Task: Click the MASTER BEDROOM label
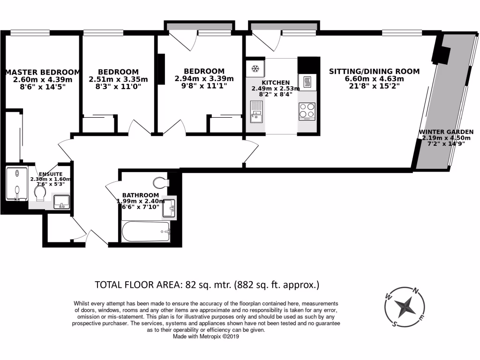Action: click(43, 72)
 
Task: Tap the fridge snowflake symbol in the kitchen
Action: click(255, 69)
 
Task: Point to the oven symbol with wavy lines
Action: click(307, 82)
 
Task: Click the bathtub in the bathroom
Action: click(145, 232)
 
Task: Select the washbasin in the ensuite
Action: click(61, 202)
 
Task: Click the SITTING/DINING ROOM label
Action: click(374, 72)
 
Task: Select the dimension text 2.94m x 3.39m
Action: click(197, 79)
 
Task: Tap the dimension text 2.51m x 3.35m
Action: click(118, 79)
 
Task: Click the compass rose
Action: click(404, 307)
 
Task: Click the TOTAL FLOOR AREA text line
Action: click(207, 285)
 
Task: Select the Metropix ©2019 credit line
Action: click(207, 336)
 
